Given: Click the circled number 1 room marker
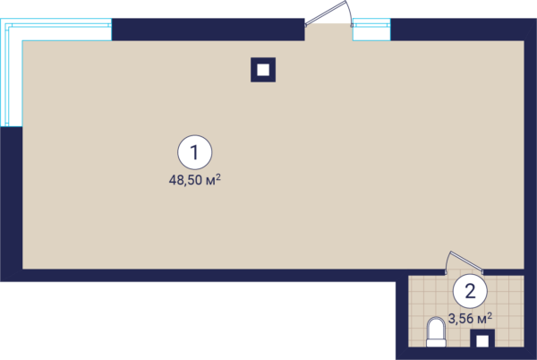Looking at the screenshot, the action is pyautogui.click(x=195, y=152).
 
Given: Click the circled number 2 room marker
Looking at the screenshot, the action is pyautogui.click(x=470, y=292).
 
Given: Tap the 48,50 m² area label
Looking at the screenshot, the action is pyautogui.click(x=194, y=180).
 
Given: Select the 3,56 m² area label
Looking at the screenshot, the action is pyautogui.click(x=470, y=319).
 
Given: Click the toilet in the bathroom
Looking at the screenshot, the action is pyautogui.click(x=436, y=332).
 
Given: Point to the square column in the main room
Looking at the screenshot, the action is pyautogui.click(x=263, y=70).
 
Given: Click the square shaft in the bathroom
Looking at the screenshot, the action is pyautogui.click(x=482, y=339).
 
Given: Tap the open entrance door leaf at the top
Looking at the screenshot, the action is pyautogui.click(x=326, y=13).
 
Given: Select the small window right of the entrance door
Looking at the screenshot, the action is pyautogui.click(x=371, y=30).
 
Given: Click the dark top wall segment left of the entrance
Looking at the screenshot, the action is pyautogui.click(x=209, y=30).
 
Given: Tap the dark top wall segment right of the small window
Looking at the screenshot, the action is pyautogui.click(x=463, y=30).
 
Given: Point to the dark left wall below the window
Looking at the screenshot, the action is pyautogui.click(x=11, y=204).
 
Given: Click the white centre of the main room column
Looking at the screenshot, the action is pyautogui.click(x=263, y=70).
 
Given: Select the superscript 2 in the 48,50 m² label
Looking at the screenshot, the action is pyautogui.click(x=218, y=176).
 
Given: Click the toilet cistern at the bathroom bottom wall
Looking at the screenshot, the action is pyautogui.click(x=436, y=343).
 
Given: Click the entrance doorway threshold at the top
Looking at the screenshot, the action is pyautogui.click(x=328, y=32).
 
